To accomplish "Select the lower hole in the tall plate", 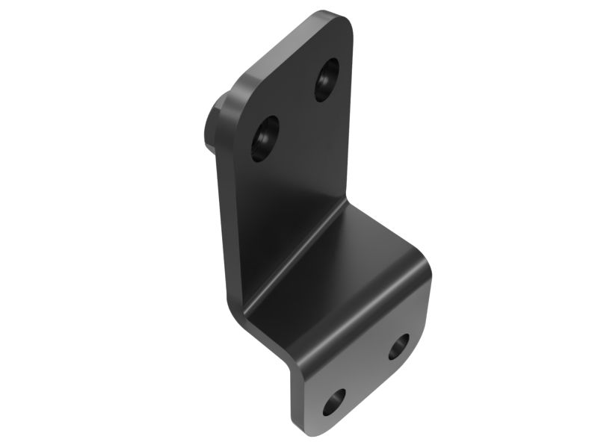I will pyautogui.click(x=265, y=137).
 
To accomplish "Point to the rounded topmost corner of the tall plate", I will pyautogui.click(x=333, y=16).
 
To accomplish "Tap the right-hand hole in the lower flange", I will pyautogui.click(x=398, y=346).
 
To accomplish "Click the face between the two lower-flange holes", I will pyautogui.click(x=366, y=373).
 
